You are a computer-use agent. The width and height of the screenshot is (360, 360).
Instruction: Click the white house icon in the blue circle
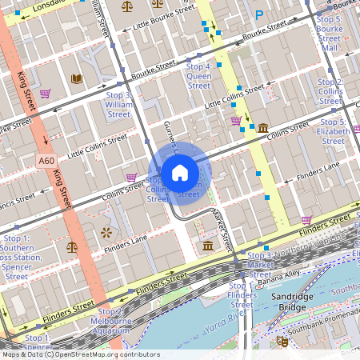click(180, 173)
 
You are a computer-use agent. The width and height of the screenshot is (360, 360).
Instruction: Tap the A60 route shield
click(46, 161)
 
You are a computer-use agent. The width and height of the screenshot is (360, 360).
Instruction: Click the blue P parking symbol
click(258, 15)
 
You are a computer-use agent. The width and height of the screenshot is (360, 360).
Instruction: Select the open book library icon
click(77, 78)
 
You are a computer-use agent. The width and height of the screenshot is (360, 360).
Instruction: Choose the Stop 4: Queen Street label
click(198, 76)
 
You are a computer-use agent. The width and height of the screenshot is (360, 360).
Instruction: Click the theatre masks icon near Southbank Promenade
click(282, 342)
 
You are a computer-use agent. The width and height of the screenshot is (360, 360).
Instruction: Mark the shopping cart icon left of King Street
click(45, 94)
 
